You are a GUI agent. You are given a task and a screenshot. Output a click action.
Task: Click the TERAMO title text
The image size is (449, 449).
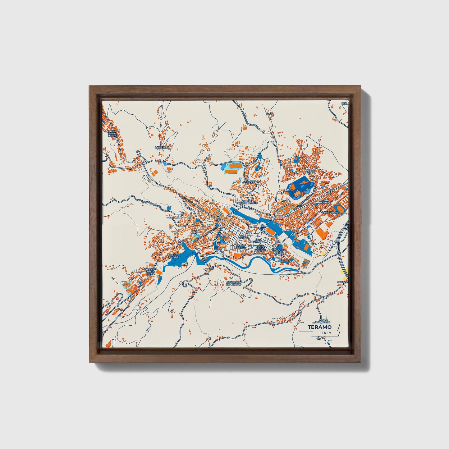click(x=319, y=327)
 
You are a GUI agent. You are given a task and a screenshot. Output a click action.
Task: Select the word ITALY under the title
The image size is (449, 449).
click(x=325, y=333)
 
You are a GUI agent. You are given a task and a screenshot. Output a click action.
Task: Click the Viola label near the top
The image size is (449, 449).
click(x=270, y=114)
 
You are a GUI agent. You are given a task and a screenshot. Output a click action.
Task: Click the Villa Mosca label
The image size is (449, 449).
click(x=310, y=171)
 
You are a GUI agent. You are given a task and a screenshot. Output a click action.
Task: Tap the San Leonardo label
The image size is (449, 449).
click(x=259, y=241)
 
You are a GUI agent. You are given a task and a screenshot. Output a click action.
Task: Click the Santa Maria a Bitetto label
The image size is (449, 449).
click(x=260, y=248)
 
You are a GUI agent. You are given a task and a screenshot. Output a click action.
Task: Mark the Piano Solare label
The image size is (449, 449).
click(x=173, y=256)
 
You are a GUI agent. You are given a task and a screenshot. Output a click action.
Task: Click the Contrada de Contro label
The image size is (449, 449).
click(x=234, y=283)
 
